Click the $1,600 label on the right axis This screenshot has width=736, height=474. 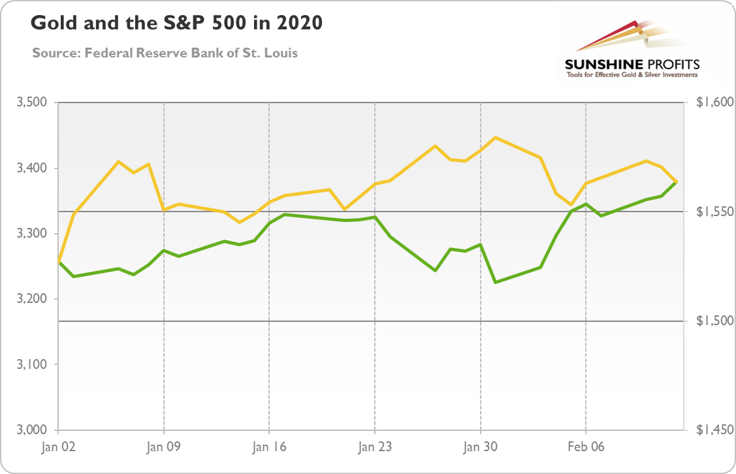(711, 103)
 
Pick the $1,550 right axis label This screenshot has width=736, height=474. (711, 212)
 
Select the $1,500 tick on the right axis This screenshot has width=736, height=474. (711, 321)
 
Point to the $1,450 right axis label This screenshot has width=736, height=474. (711, 430)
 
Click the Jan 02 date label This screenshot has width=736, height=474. (59, 447)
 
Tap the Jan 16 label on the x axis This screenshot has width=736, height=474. (269, 447)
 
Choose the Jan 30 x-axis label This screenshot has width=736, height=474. (480, 447)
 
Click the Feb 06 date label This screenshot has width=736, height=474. (585, 447)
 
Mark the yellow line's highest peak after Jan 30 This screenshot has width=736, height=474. (495, 137)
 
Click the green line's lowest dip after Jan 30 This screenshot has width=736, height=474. (495, 282)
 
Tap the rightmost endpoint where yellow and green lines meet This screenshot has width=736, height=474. (676, 182)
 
